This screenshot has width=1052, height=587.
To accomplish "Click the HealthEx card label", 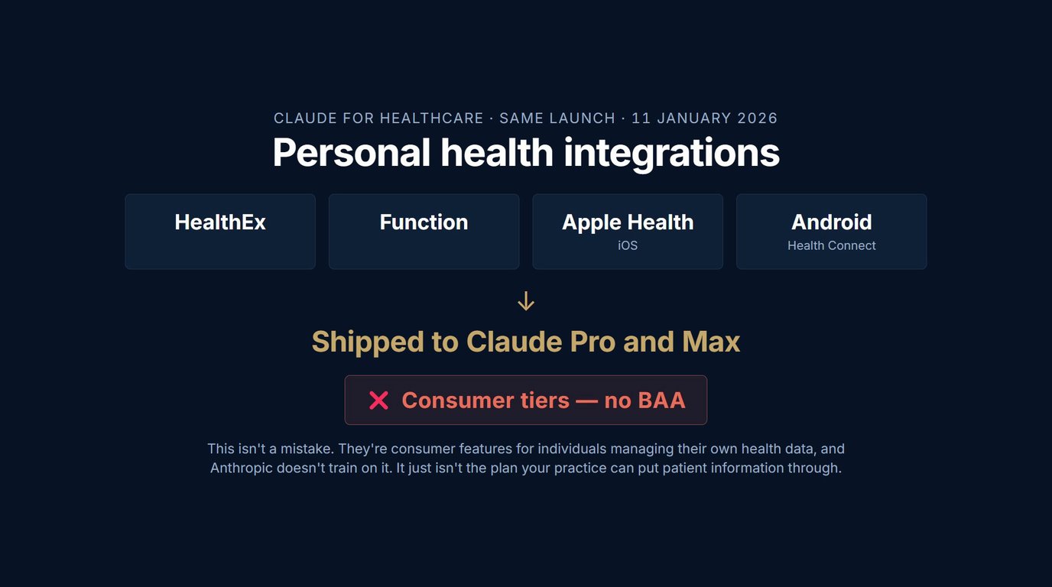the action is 219,222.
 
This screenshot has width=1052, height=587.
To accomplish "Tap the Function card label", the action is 424,222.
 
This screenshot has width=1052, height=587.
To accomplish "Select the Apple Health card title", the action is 628,222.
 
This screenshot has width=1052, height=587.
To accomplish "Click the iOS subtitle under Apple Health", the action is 628,245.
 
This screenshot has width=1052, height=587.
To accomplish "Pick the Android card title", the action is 831,222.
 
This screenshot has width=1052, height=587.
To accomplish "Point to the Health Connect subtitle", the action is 831,245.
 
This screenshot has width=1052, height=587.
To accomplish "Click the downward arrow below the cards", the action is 525,301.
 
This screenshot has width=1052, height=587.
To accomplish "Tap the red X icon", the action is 378,401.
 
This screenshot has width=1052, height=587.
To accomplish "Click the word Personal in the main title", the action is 351,152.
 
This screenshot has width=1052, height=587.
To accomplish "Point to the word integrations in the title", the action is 671,153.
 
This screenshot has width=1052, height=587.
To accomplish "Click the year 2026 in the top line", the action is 757,118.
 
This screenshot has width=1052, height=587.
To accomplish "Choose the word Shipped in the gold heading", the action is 368,342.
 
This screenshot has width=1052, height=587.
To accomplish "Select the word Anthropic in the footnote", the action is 242,469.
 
